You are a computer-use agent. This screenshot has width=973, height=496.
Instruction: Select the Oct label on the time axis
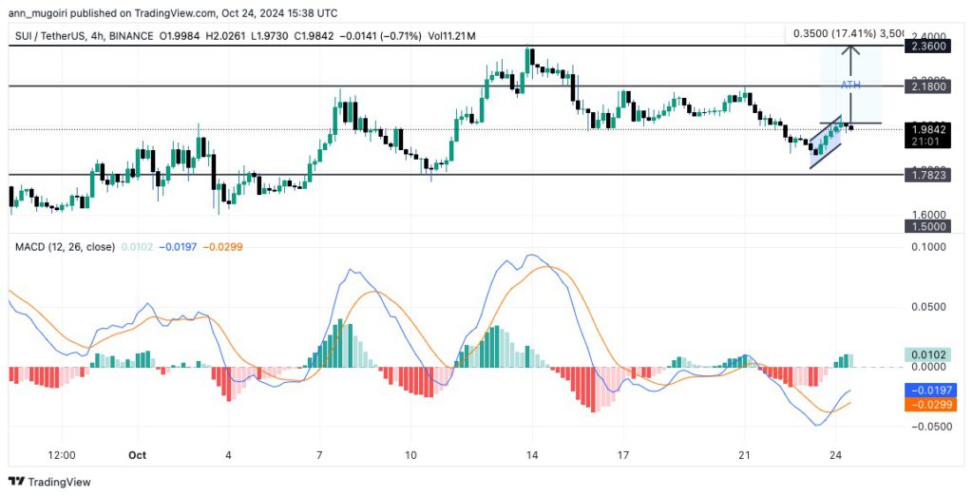(139, 455)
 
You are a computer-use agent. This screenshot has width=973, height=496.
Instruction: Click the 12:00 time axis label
(62, 455)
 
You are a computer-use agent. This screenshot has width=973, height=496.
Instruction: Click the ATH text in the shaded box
(851, 86)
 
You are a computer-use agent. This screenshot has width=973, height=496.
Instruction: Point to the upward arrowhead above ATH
(852, 48)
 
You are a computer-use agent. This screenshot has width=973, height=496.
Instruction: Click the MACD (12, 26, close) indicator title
(64, 247)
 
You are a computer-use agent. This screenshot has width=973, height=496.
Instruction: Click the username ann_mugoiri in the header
(45, 13)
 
